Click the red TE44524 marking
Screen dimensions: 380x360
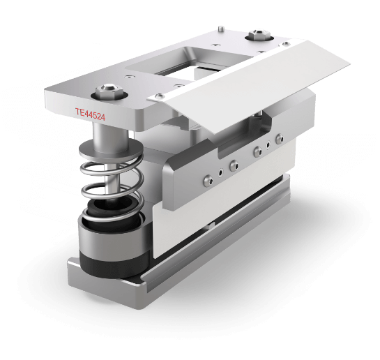(90, 114)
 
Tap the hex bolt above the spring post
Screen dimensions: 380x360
(106, 91)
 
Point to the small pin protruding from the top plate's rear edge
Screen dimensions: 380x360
(220, 29)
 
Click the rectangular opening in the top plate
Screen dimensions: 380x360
(189, 62)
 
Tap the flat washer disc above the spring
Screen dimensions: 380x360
(111, 148)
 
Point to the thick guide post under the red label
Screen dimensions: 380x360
(109, 137)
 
